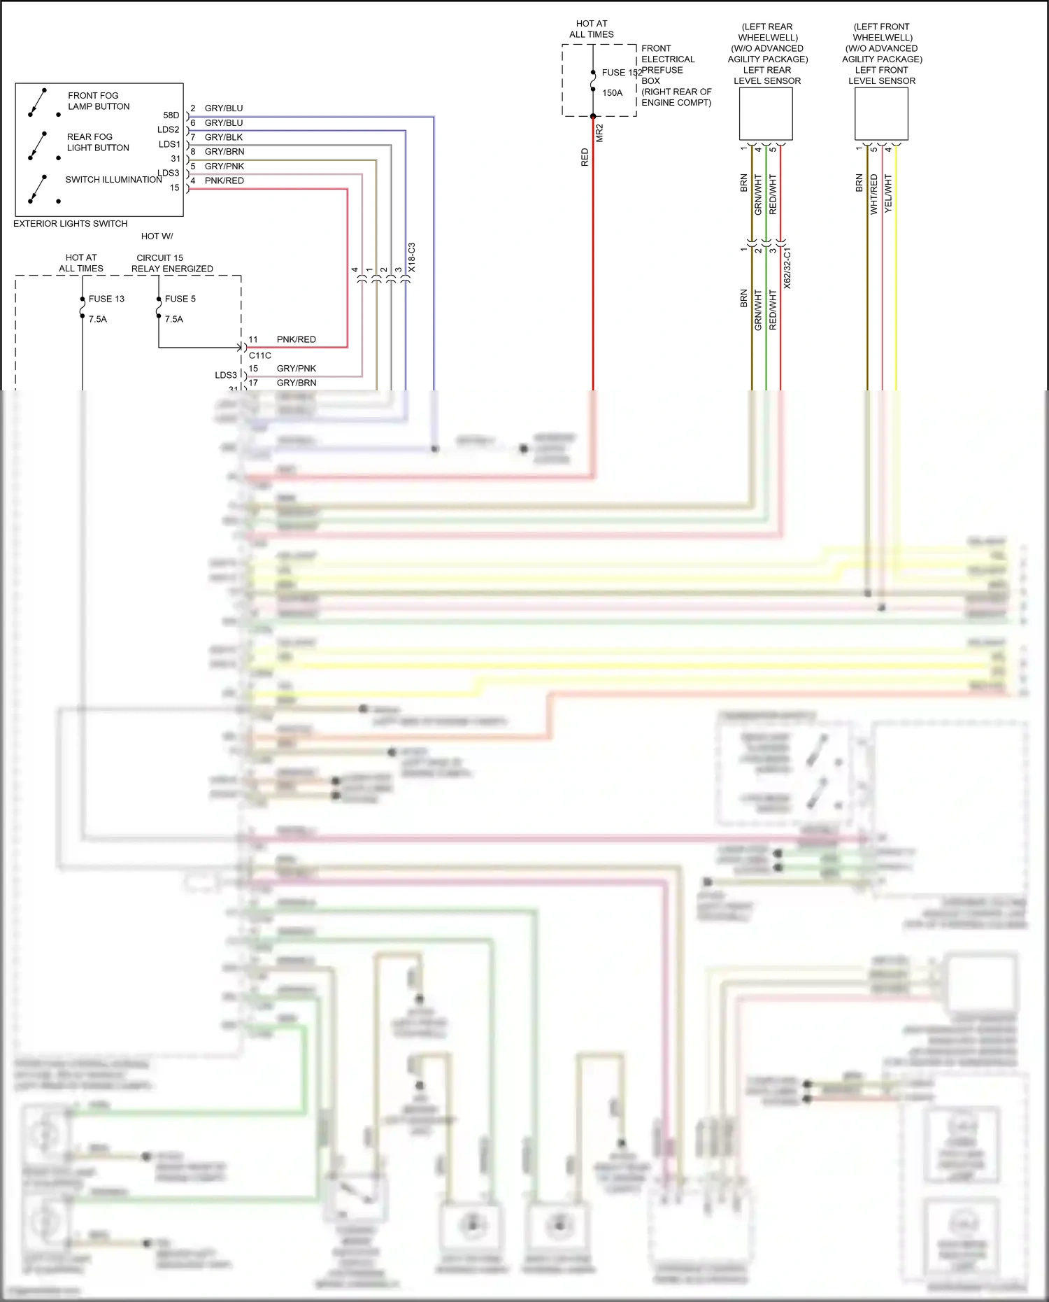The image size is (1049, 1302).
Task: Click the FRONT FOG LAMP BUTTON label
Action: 99,101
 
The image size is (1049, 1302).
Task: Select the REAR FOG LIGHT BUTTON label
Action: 98,142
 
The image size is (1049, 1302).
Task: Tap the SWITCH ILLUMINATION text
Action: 113,180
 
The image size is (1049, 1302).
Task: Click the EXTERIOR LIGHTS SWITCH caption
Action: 70,224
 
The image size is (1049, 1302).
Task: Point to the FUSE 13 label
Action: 106,299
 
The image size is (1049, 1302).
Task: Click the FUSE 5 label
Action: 180,299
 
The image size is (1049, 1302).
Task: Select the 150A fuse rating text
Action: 612,93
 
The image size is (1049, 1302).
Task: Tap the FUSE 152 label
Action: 621,73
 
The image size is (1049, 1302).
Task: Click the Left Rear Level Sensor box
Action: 766,115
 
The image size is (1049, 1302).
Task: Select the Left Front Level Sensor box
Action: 881,115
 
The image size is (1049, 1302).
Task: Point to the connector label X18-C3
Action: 412,257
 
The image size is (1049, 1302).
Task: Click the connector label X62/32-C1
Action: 787,268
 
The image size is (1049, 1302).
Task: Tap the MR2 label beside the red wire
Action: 599,133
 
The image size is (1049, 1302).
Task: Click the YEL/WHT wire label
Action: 888,194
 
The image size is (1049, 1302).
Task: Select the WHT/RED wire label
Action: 873,194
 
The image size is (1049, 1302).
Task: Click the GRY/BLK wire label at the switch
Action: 224,137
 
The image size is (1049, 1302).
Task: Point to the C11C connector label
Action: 260,355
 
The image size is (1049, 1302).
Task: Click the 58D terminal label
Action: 171,115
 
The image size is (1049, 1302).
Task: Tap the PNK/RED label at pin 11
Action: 297,339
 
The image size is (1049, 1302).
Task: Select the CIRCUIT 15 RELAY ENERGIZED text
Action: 172,263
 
